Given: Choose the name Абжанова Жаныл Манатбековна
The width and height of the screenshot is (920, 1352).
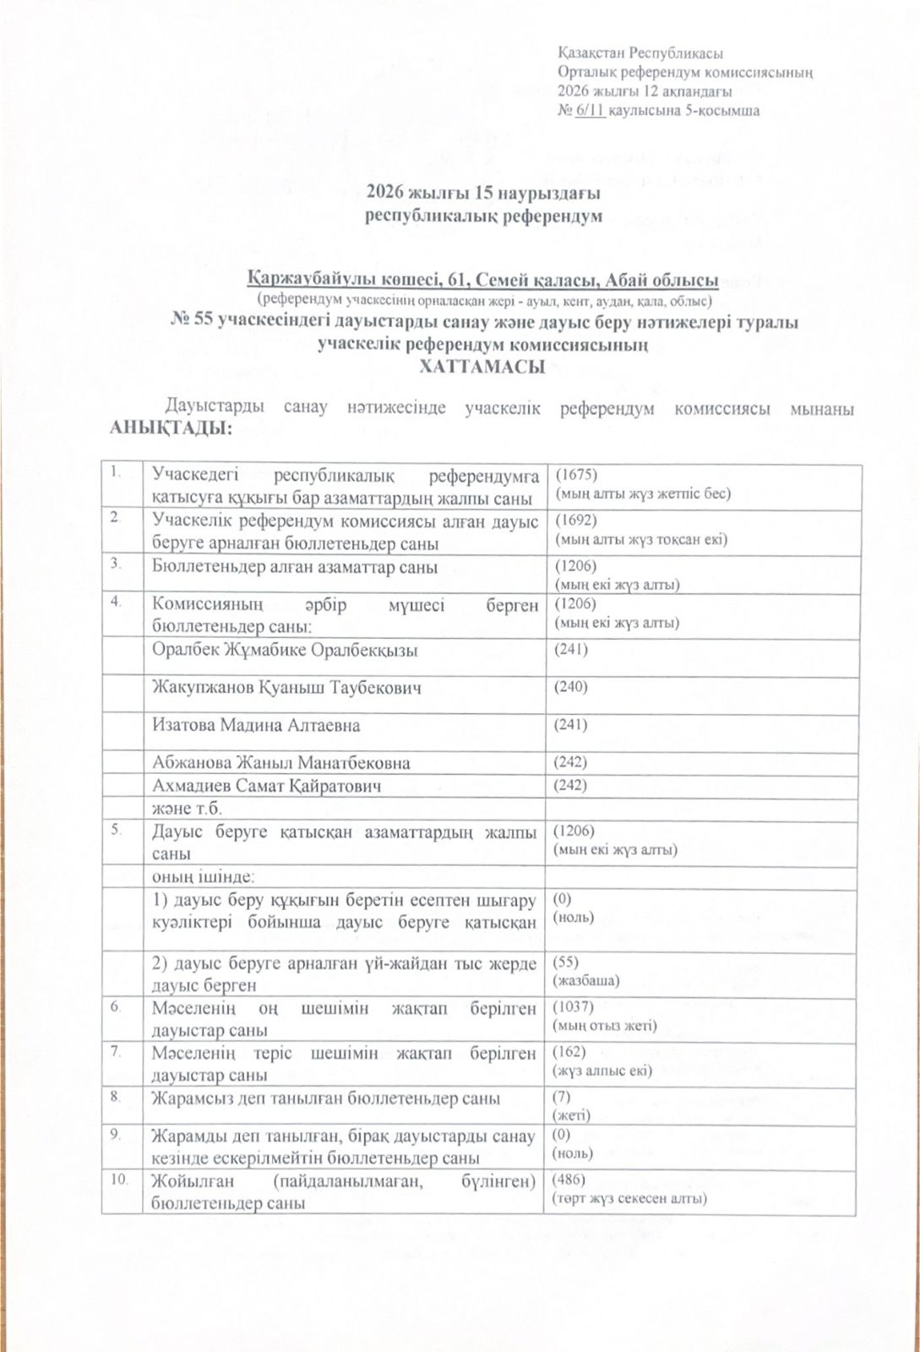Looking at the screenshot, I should click(280, 762).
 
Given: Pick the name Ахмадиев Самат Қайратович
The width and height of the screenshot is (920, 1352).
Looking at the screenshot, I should click(266, 786).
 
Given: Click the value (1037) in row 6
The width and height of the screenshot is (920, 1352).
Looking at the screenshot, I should click(574, 1007).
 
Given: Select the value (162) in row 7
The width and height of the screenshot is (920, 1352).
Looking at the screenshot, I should click(569, 1052).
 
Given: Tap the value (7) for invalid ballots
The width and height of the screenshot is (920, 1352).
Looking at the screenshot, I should click(562, 1097).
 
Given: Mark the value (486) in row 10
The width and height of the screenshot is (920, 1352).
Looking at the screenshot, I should click(569, 1179).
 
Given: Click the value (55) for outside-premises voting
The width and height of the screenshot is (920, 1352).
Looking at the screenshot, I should click(566, 962).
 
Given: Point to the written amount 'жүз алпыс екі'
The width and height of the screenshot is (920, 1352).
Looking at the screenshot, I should click(602, 1071).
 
